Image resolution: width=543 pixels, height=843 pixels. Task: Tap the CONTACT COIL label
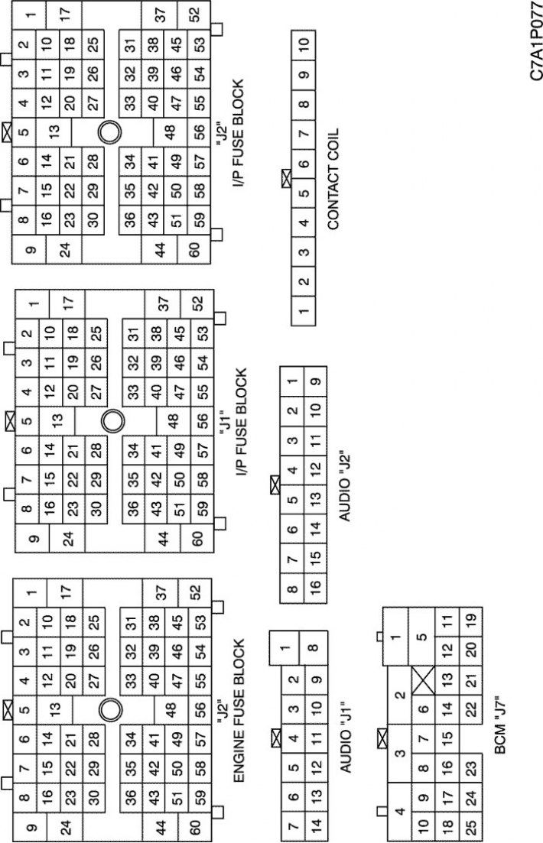(x=333, y=179)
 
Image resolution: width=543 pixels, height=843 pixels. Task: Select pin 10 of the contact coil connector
(x=304, y=43)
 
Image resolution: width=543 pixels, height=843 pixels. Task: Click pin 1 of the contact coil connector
(x=304, y=311)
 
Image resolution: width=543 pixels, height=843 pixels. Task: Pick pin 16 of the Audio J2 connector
(x=315, y=585)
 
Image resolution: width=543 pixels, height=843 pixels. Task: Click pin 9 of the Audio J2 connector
(x=315, y=381)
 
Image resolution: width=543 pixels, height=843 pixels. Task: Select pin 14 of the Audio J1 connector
(x=315, y=824)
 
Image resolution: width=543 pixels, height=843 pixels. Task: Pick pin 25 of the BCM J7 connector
(x=471, y=824)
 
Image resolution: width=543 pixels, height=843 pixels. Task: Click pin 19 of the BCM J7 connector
(x=471, y=621)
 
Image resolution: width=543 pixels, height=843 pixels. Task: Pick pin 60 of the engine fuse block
(x=195, y=825)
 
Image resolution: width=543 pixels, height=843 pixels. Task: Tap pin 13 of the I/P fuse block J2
(x=54, y=131)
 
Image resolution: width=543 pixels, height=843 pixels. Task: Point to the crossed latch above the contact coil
(x=286, y=179)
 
